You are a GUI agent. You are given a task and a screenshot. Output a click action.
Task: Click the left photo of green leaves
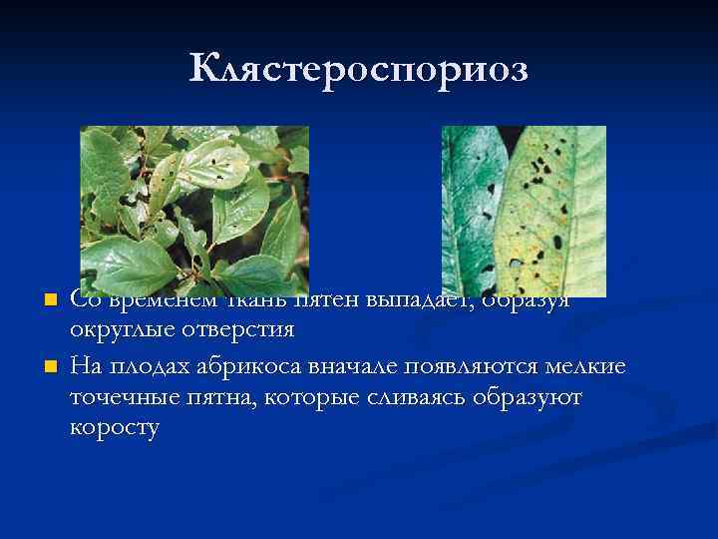point(194,211)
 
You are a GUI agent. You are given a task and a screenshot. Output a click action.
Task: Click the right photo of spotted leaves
point(524,211)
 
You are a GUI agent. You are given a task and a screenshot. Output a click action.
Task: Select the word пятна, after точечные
point(215,397)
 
